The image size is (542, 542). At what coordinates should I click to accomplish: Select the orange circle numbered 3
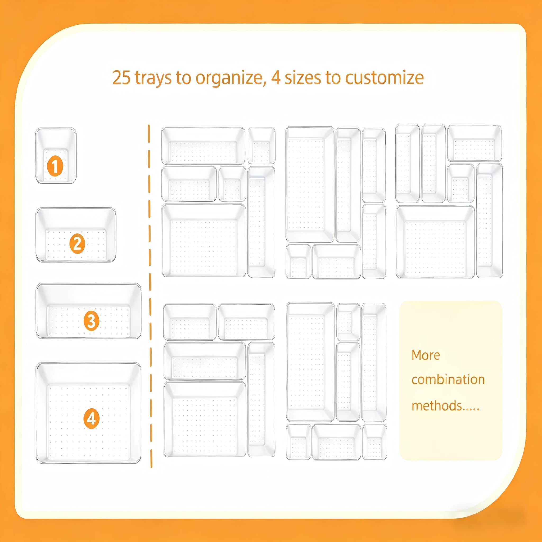92,321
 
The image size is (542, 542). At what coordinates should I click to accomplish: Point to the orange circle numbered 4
92,419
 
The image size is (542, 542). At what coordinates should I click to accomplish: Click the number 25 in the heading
121,78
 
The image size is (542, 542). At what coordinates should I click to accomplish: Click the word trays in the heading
153,78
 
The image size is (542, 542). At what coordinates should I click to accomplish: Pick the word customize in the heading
384,78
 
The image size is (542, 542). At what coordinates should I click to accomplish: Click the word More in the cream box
426,355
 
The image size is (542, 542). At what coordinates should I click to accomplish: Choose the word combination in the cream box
448,380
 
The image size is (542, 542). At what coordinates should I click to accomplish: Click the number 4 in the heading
276,78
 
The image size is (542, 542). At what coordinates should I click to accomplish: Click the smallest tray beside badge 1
56,156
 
